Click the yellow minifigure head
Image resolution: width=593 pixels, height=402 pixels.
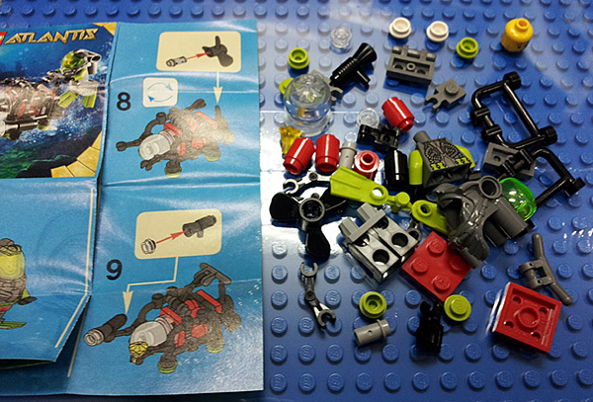[517, 35]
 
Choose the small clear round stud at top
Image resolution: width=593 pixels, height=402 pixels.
[341, 40]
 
